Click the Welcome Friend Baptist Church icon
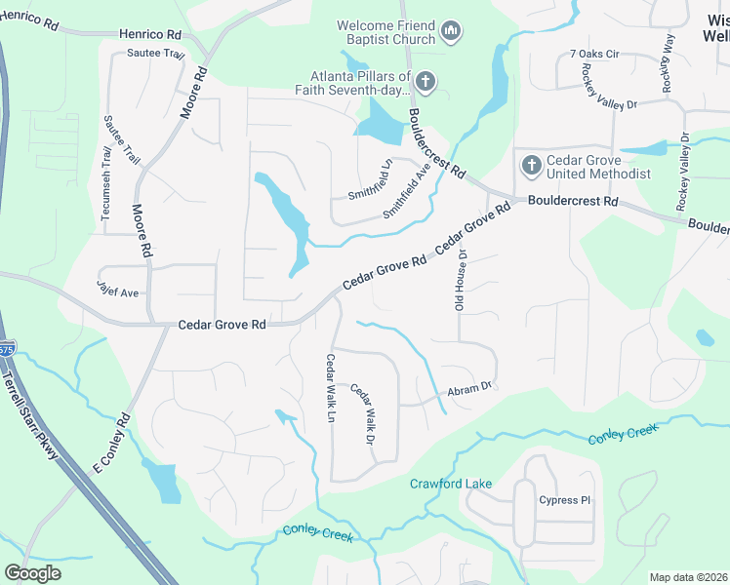[450, 33]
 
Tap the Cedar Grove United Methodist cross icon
[531, 165]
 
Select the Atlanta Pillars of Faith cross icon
[425, 80]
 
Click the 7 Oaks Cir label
[594, 55]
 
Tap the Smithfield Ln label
[371, 179]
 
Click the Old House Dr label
[463, 280]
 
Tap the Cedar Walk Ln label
[331, 388]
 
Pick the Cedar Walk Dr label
[363, 414]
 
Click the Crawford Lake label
[450, 484]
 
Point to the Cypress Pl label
[565, 499]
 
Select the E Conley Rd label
[111, 446]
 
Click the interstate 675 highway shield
[7, 348]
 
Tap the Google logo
[32, 572]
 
